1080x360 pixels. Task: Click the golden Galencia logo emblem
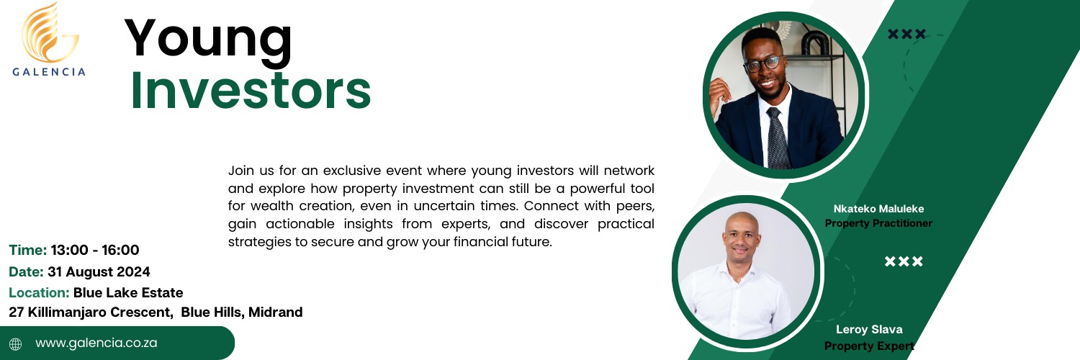point(50,33)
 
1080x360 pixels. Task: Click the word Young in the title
point(208,42)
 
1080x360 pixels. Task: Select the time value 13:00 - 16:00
point(95,250)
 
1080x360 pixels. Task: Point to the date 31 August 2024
point(99,272)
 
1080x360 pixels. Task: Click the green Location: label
point(39,292)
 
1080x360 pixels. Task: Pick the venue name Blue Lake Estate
point(128,292)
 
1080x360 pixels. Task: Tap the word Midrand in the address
point(275,312)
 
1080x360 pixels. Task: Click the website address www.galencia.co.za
point(96,343)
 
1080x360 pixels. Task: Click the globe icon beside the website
point(15,343)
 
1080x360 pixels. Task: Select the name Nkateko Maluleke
point(878,209)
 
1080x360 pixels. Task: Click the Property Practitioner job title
point(878,223)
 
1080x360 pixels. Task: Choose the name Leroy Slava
point(869,330)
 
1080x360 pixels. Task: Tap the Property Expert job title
point(869,346)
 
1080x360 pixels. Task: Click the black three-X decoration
point(907,35)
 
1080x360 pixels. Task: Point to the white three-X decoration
point(904,261)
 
